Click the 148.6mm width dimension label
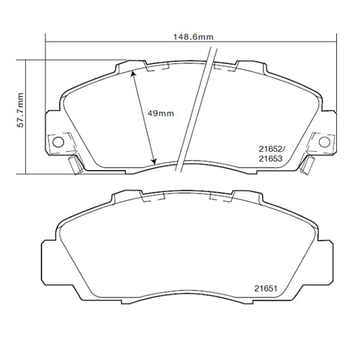click(x=193, y=37)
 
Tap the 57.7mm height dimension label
click(x=21, y=110)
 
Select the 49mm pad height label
click(x=161, y=113)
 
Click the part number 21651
click(x=266, y=288)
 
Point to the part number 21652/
click(x=271, y=149)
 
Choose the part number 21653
click(x=271, y=158)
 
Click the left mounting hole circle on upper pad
click(x=58, y=142)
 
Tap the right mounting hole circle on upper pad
click(x=324, y=141)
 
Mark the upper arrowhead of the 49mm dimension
click(x=132, y=73)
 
